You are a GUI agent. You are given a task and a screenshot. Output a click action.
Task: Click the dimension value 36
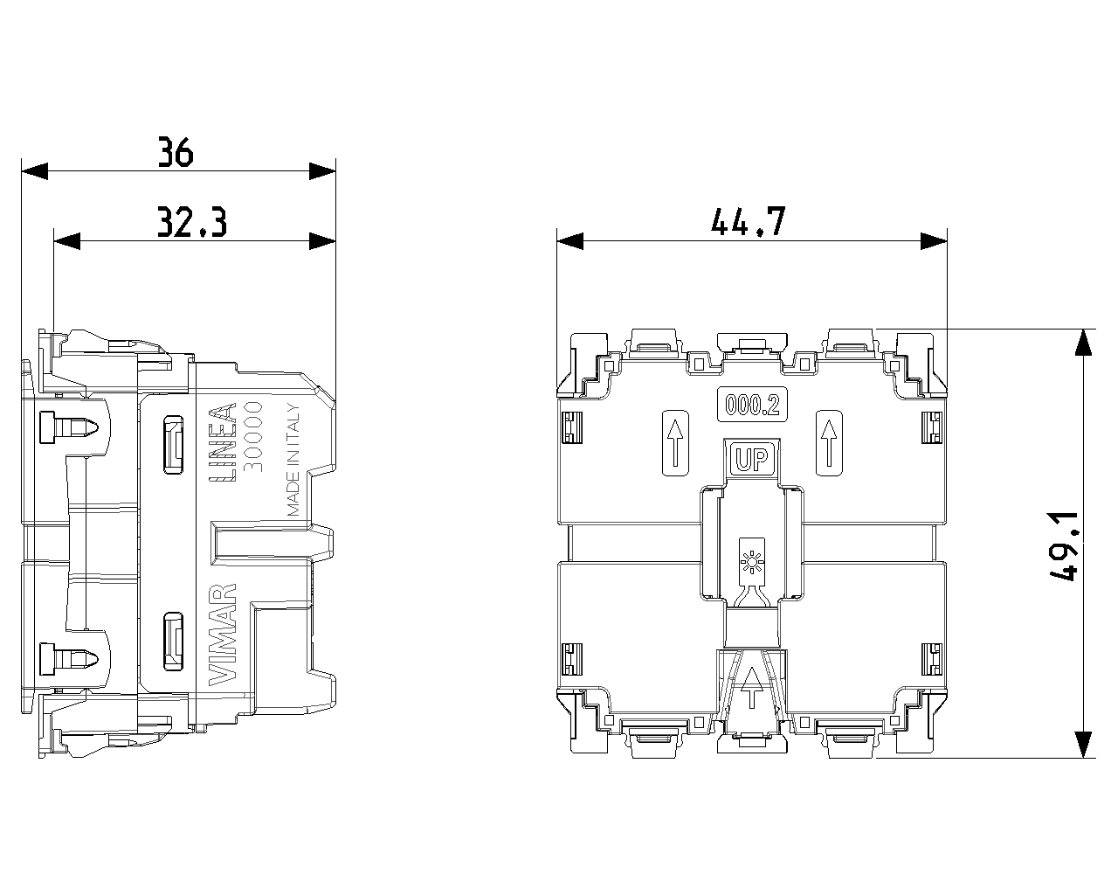pyautogui.click(x=176, y=152)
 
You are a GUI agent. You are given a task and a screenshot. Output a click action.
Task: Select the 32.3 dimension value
pyautogui.click(x=192, y=222)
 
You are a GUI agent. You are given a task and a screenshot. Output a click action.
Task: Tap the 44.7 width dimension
pyautogui.click(x=748, y=222)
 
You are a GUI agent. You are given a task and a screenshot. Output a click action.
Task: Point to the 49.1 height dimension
pyautogui.click(x=1063, y=546)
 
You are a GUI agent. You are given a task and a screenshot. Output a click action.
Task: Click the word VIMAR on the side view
pyautogui.click(x=223, y=635)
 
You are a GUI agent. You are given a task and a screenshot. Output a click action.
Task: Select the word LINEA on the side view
pyautogui.click(x=223, y=442)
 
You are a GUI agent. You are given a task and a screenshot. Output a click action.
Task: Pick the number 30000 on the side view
pyautogui.click(x=253, y=437)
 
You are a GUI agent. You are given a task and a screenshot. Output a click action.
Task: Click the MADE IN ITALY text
pyautogui.click(x=293, y=460)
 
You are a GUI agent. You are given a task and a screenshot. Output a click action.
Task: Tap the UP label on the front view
pyautogui.click(x=752, y=459)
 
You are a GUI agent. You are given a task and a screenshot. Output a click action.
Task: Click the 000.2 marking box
pyautogui.click(x=752, y=404)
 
